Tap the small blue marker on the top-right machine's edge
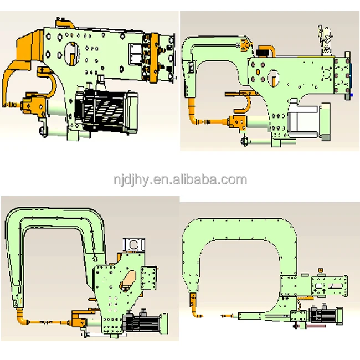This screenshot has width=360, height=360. [352, 95]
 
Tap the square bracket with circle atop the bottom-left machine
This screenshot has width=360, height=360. [133, 244]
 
